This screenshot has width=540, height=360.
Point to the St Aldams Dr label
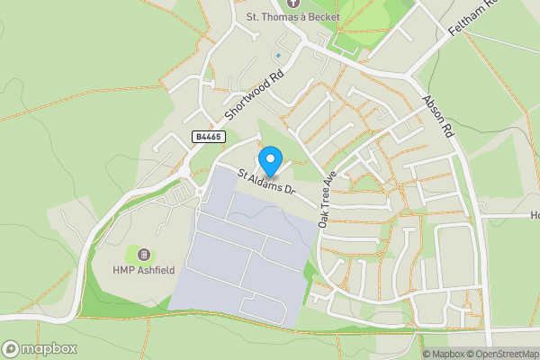[x=266, y=181]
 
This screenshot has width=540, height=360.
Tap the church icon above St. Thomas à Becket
[x=290, y=4]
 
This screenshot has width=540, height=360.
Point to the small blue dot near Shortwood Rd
[x=278, y=56]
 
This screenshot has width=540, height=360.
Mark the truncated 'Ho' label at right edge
[x=534, y=215]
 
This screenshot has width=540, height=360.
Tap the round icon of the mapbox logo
[x=11, y=348]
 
